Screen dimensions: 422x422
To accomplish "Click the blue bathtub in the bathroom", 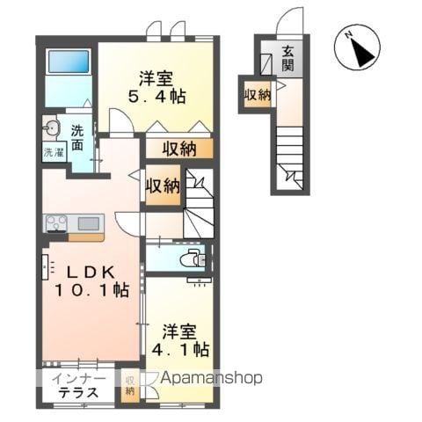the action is click(x=69, y=62).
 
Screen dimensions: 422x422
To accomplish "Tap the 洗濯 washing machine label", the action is click(x=55, y=152).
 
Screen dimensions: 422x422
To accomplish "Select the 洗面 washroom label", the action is click(x=77, y=138).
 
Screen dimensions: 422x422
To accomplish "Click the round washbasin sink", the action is click(x=52, y=127).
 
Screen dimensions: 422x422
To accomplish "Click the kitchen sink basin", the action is click(x=88, y=224).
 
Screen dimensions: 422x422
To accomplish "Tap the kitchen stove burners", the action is click(x=56, y=223).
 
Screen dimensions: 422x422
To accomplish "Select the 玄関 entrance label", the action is click(x=287, y=59).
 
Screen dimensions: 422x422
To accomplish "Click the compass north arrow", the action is click(x=362, y=53).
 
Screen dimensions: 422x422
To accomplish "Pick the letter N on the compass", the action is click(x=348, y=35).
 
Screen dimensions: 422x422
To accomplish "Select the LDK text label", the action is click(x=91, y=273).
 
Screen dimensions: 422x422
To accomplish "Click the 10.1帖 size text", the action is click(x=91, y=290).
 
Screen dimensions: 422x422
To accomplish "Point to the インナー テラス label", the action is click(x=78, y=385).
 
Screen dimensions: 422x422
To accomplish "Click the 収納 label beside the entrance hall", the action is click(x=258, y=94).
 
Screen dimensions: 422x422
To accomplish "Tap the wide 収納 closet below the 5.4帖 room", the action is click(x=179, y=149).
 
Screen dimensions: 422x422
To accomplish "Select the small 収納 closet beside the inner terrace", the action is click(x=129, y=385).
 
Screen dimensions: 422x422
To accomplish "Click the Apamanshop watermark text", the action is click(x=211, y=378).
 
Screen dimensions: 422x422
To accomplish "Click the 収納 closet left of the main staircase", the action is click(x=163, y=186).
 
